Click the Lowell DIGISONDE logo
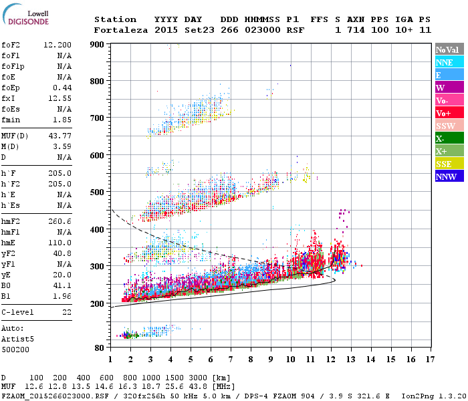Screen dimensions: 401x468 click(25, 17)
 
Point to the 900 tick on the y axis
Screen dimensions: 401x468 click(97, 45)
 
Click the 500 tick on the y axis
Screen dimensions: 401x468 click(97, 192)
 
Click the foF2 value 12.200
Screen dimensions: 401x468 click(57, 45)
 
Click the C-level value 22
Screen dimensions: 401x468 click(66, 312)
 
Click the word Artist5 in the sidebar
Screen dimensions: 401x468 click(16, 339)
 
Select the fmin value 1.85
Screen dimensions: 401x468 click(62, 120)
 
